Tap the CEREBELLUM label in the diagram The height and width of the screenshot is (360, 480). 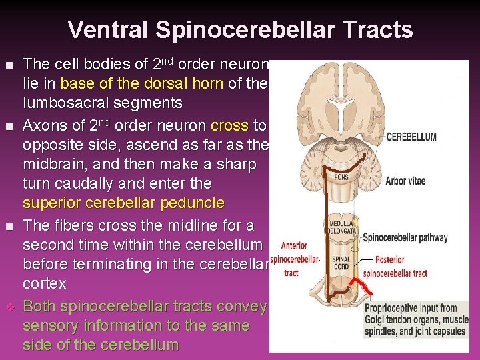pyautogui.click(x=411, y=137)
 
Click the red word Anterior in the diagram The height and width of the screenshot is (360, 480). pyautogui.click(x=294, y=245)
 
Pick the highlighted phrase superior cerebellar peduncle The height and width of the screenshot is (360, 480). pyautogui.click(x=123, y=203)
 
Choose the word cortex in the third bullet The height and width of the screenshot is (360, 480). pyautogui.click(x=45, y=283)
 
